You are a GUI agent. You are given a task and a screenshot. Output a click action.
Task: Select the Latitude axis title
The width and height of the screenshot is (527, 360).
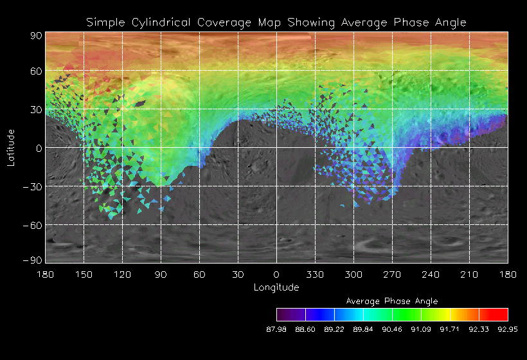pos(11,147)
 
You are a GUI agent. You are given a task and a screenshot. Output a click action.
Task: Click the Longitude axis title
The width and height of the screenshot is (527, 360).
pos(276,287)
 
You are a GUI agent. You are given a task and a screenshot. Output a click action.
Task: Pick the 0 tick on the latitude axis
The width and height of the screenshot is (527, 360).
pos(39,148)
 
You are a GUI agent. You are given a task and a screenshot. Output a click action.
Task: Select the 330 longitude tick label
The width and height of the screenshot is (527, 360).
pos(315,274)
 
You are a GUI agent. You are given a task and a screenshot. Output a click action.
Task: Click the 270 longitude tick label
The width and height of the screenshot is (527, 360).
pos(392,274)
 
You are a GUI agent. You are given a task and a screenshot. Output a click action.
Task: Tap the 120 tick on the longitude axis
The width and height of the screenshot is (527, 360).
pos(122,274)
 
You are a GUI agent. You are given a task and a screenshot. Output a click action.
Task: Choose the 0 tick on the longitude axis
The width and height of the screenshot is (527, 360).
pos(276,274)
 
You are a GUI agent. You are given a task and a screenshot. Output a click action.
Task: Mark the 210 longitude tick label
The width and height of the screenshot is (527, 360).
pos(469,274)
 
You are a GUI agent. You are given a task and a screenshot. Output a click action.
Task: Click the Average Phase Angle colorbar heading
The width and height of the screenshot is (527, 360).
pos(392,301)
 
